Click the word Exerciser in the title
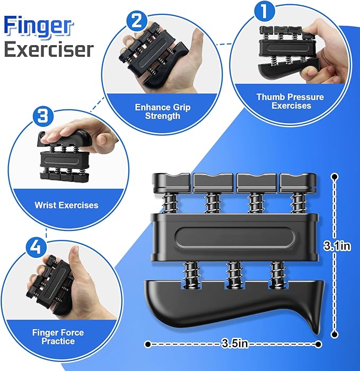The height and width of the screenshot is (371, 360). point(49,49)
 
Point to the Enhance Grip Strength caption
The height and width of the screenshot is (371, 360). point(162,111)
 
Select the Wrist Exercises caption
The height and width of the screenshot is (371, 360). point(66,204)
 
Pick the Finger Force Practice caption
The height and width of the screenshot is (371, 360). point(58,337)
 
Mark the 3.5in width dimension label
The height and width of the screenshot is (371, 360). point(232,344)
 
